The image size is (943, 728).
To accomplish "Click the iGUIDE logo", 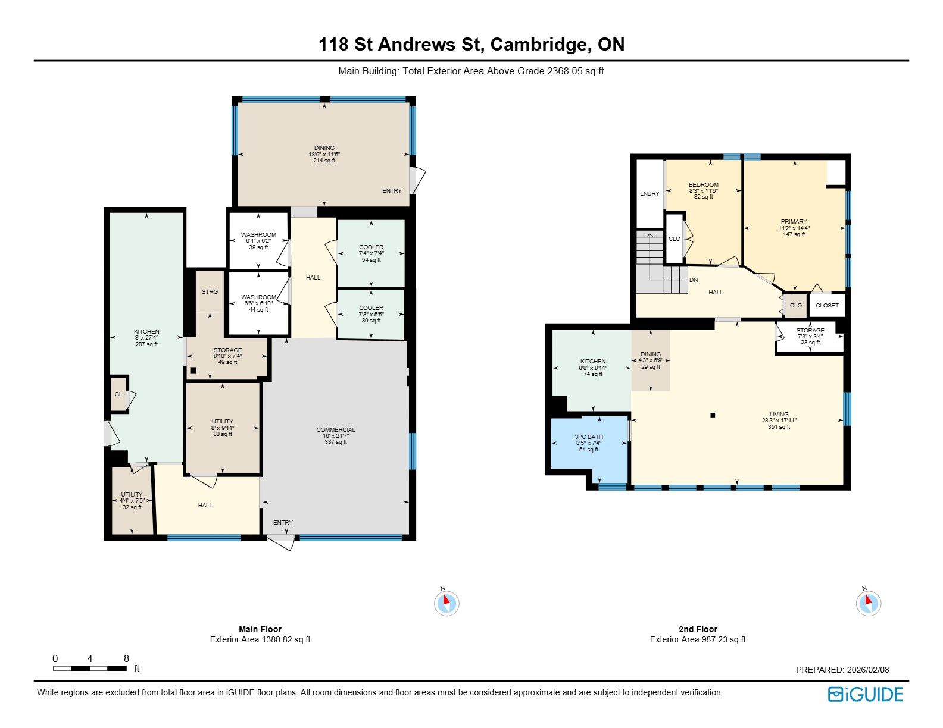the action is pos(865,694).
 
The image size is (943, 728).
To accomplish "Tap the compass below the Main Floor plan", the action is pos(446,603).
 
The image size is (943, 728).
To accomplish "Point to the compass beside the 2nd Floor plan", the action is pos(869,603).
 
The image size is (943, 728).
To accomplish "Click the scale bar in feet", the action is pos(90,668).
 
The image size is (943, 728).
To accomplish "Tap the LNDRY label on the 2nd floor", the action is pos(650,193).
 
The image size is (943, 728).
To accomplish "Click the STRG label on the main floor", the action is pos(210,292).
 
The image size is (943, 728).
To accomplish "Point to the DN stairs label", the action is pos(694,280).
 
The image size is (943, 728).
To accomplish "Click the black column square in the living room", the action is pos(713,415).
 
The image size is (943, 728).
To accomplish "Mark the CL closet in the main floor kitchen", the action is pos(118,394).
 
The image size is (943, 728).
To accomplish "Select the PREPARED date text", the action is pos(842,670).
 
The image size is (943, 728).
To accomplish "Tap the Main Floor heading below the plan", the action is pos(260,629).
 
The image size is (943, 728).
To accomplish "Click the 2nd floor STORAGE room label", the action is pos(810,331).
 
